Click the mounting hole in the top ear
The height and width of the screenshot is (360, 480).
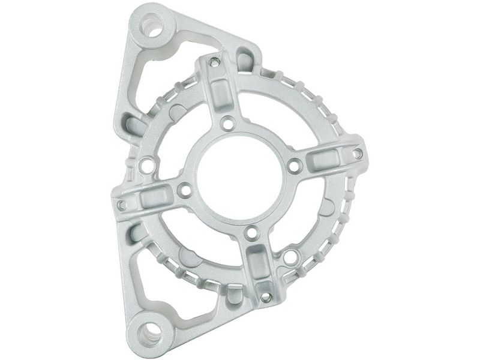pos(154,28)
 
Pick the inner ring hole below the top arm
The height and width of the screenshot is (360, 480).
pos(227,124)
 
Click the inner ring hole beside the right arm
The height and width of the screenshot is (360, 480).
pos(293,166)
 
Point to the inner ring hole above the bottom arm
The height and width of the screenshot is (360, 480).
pos(252,232)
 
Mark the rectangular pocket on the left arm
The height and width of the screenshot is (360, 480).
pos(150,199)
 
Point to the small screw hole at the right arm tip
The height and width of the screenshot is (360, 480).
pos(357,154)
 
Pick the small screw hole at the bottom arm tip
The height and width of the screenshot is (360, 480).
pos(265,296)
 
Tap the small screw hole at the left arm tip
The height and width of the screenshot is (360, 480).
pos(122,205)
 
